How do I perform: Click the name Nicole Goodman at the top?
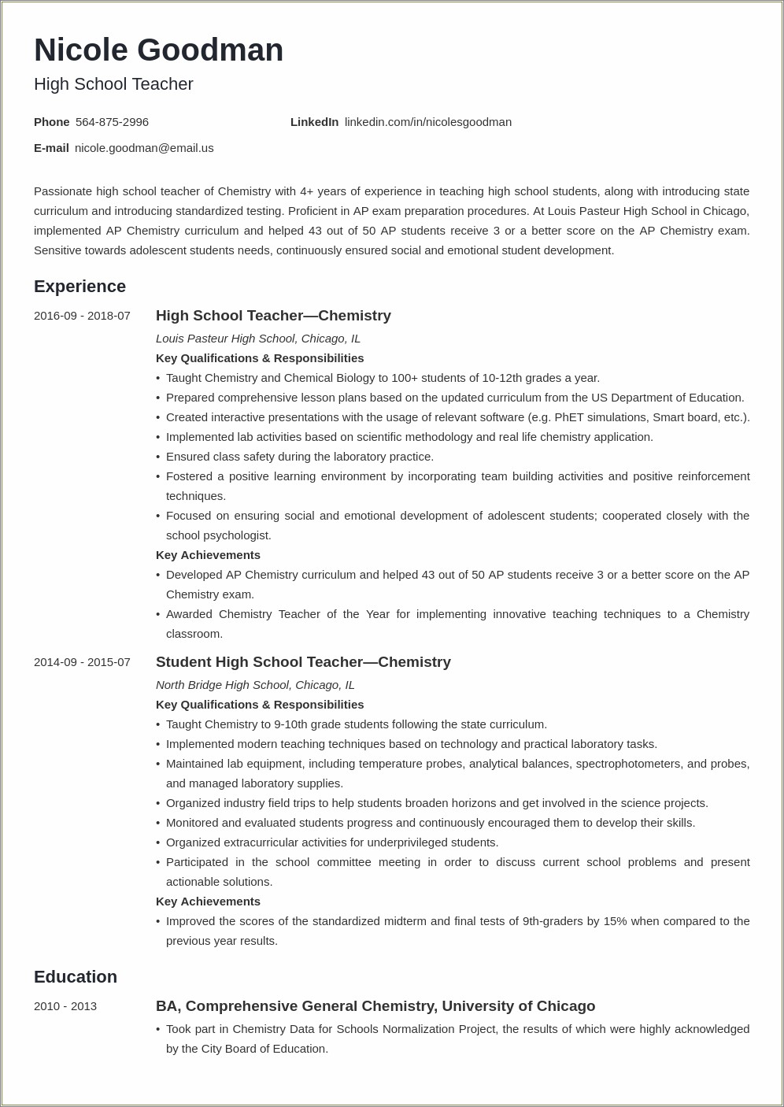pos(158,50)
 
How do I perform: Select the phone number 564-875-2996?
pos(112,122)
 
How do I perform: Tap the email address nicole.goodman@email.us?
pos(144,148)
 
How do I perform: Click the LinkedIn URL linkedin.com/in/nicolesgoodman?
pos(427,122)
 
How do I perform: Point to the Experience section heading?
pos(80,287)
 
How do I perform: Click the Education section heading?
pos(75,977)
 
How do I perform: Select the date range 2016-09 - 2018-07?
pos(82,316)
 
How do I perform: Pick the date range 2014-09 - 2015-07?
pos(82,662)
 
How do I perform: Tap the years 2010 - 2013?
pos(65,1006)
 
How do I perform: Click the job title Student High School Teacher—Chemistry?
pos(303,662)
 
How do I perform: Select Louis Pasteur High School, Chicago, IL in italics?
pos(258,339)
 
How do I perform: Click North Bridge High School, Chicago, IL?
pos(255,685)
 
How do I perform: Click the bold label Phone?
pos(52,122)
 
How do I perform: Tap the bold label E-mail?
pos(51,148)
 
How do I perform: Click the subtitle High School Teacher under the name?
pos(113,84)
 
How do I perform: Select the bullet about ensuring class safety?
pos(299,457)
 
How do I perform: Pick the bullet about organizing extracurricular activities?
pos(331,842)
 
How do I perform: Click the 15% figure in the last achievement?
pos(615,921)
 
